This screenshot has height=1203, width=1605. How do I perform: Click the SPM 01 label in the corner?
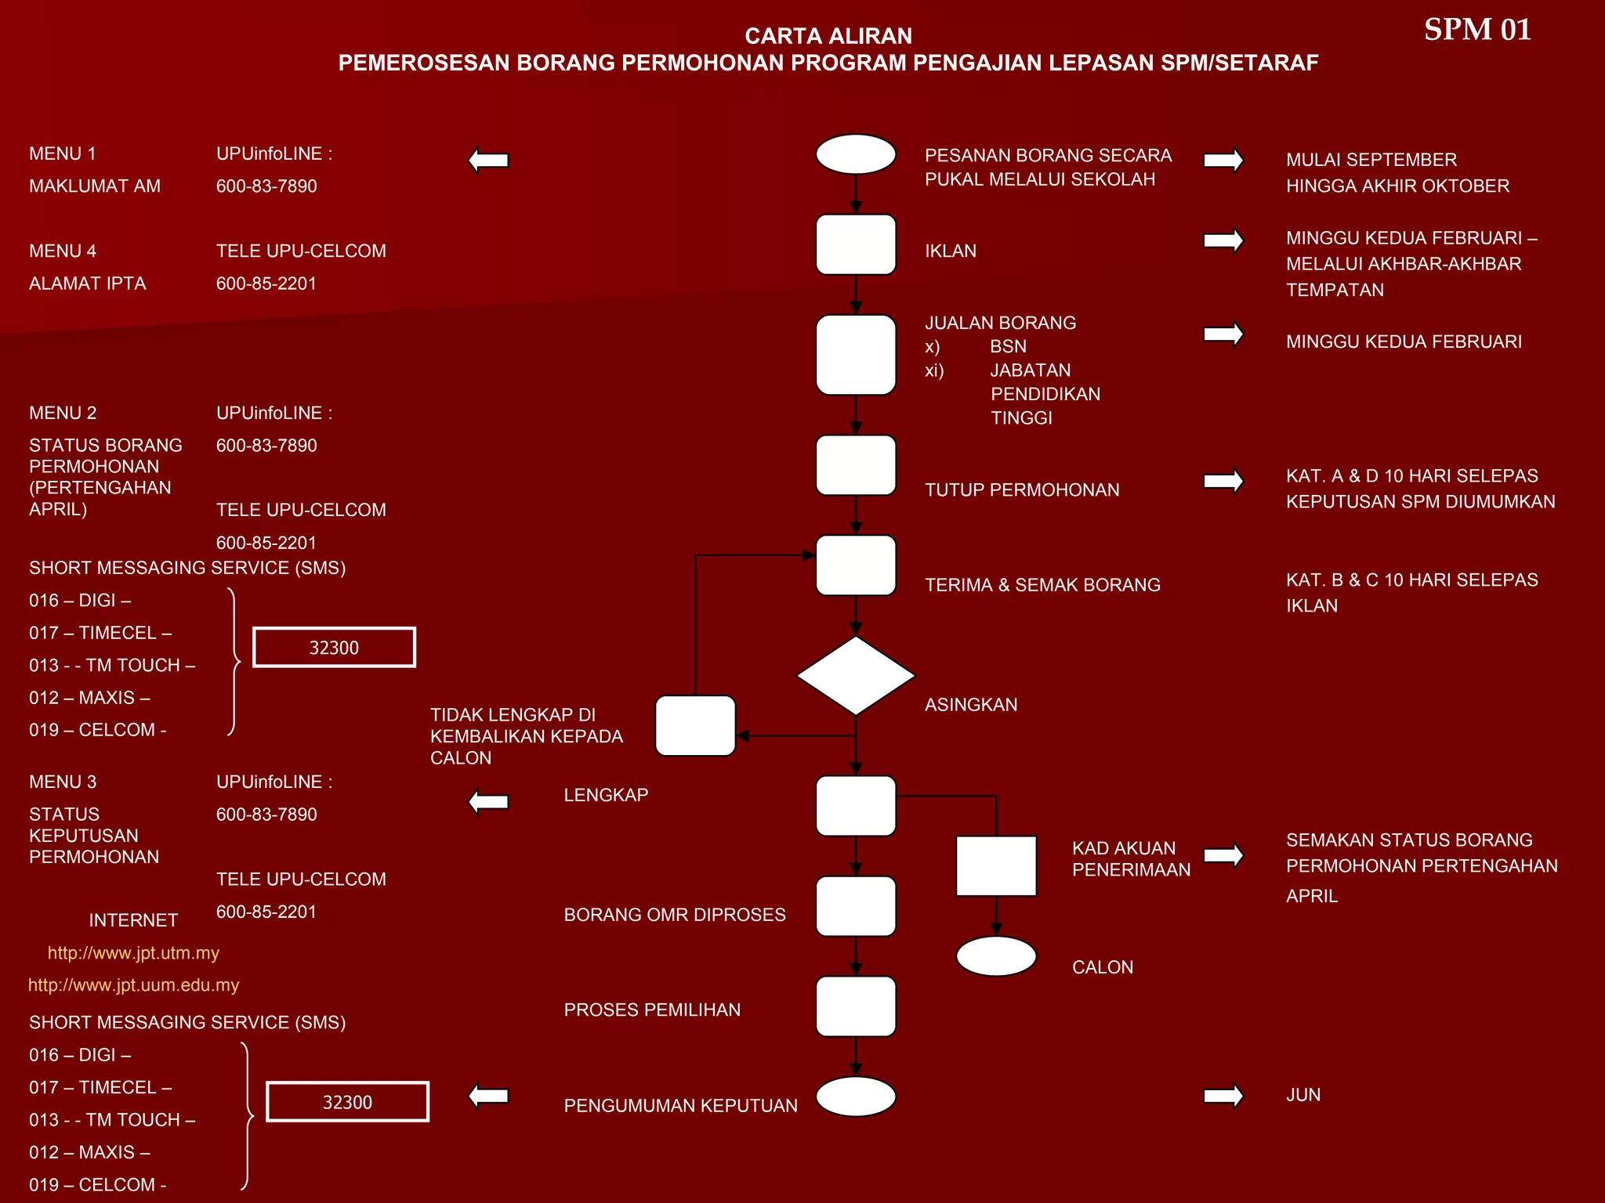[x=1476, y=30]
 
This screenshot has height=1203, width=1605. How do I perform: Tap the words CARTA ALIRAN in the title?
[x=828, y=36]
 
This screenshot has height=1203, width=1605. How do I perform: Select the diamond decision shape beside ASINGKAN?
[x=855, y=675]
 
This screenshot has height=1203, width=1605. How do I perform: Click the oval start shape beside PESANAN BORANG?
[x=855, y=154]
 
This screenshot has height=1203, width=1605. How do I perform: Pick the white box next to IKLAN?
[x=855, y=245]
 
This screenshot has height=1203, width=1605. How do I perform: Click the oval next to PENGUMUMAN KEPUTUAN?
[x=855, y=1096]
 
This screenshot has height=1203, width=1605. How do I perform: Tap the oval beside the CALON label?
[x=995, y=956]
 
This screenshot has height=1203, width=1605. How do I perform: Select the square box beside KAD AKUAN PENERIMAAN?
[x=995, y=865]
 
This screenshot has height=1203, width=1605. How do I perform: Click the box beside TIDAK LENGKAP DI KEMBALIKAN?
[x=695, y=726]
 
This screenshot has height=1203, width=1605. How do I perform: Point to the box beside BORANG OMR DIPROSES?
[x=855, y=906]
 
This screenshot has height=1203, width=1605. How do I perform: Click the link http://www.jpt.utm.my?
[x=133, y=953]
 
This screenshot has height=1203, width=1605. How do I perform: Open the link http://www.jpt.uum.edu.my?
[x=133, y=985]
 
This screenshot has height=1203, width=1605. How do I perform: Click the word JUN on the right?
[x=1302, y=1095]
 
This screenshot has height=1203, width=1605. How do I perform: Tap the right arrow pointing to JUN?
[x=1223, y=1096]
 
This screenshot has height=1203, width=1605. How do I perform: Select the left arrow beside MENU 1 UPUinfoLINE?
[x=489, y=160]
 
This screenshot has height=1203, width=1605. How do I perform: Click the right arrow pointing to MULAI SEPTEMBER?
[x=1223, y=160]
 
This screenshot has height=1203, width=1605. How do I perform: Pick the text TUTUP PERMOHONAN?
[x=1021, y=490]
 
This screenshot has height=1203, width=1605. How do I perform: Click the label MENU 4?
[x=63, y=251]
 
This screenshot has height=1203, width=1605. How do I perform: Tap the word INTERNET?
[x=133, y=920]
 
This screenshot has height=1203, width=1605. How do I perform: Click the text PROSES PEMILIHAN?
[x=651, y=1010]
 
